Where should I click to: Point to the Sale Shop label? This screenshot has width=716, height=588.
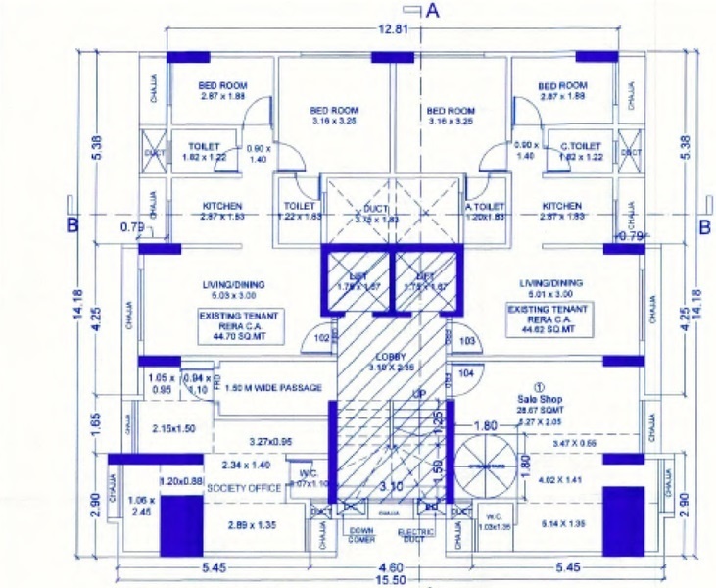pyautogui.click(x=537, y=399)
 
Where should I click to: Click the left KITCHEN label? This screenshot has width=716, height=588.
pyautogui.click(x=222, y=206)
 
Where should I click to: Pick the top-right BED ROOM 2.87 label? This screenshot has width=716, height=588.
pyautogui.click(x=563, y=86)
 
